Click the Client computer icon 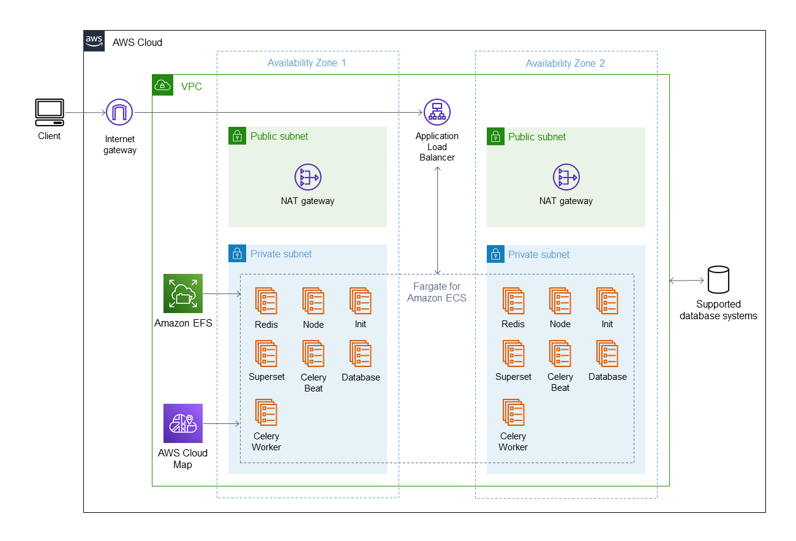click(50, 112)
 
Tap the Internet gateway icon click(119, 112)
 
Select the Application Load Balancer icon click(437, 112)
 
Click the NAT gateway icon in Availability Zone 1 click(308, 177)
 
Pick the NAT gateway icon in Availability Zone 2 click(566, 177)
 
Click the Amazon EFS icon click(183, 293)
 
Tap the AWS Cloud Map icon click(183, 423)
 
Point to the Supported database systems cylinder click(718, 279)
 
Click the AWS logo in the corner click(94, 41)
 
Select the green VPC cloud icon click(163, 85)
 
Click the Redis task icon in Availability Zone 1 click(266, 301)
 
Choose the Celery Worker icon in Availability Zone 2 click(513, 412)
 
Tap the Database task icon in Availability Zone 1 click(360, 354)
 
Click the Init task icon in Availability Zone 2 click(607, 301)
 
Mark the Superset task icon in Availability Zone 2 click(513, 354)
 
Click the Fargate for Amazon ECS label click(437, 292)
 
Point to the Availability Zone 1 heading click(307, 62)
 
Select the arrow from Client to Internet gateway click(86, 112)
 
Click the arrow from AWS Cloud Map click(222, 423)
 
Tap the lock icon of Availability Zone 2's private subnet click(496, 254)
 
